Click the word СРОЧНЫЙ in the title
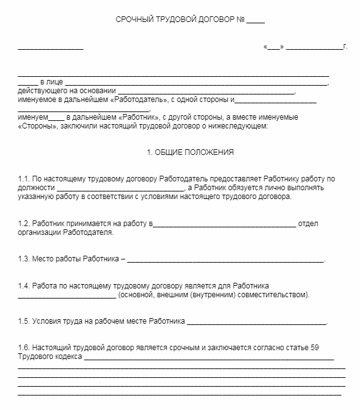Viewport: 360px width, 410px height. (x=136, y=20)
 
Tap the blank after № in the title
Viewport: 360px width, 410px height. (x=256, y=21)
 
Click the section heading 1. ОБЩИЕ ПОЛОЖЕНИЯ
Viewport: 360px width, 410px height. (x=180, y=153)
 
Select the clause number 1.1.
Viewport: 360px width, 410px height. (x=24, y=179)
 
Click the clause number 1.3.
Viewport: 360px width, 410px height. (x=24, y=259)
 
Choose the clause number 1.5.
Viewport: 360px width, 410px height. (x=24, y=321)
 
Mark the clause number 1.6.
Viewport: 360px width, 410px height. (x=24, y=348)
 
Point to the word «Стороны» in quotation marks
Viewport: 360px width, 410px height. (x=38, y=126)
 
